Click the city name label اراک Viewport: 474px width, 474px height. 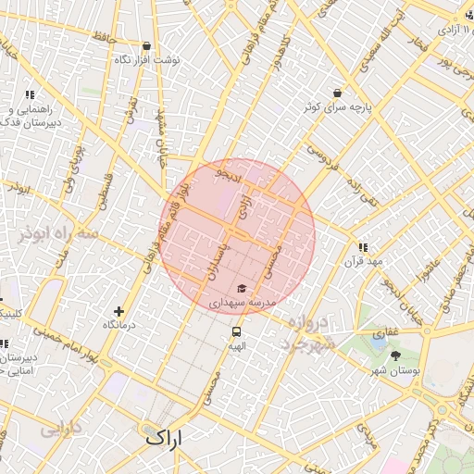pyautogui.click(x=167, y=436)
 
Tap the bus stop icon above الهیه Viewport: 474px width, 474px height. pyautogui.click(x=237, y=331)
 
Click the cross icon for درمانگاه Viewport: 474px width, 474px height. pyautogui.click(x=118, y=312)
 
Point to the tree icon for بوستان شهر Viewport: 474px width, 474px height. pyautogui.click(x=396, y=355)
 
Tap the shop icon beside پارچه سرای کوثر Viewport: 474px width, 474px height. pyautogui.click(x=336, y=93)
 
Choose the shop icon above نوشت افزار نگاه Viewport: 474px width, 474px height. pyautogui.click(x=146, y=44)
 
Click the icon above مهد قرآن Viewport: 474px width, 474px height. pyautogui.click(x=362, y=247)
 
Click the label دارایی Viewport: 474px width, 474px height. pyautogui.click(x=59, y=430)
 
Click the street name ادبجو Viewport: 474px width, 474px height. pyautogui.click(x=226, y=173)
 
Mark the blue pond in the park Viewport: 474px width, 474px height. pyautogui.click(x=378, y=343)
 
